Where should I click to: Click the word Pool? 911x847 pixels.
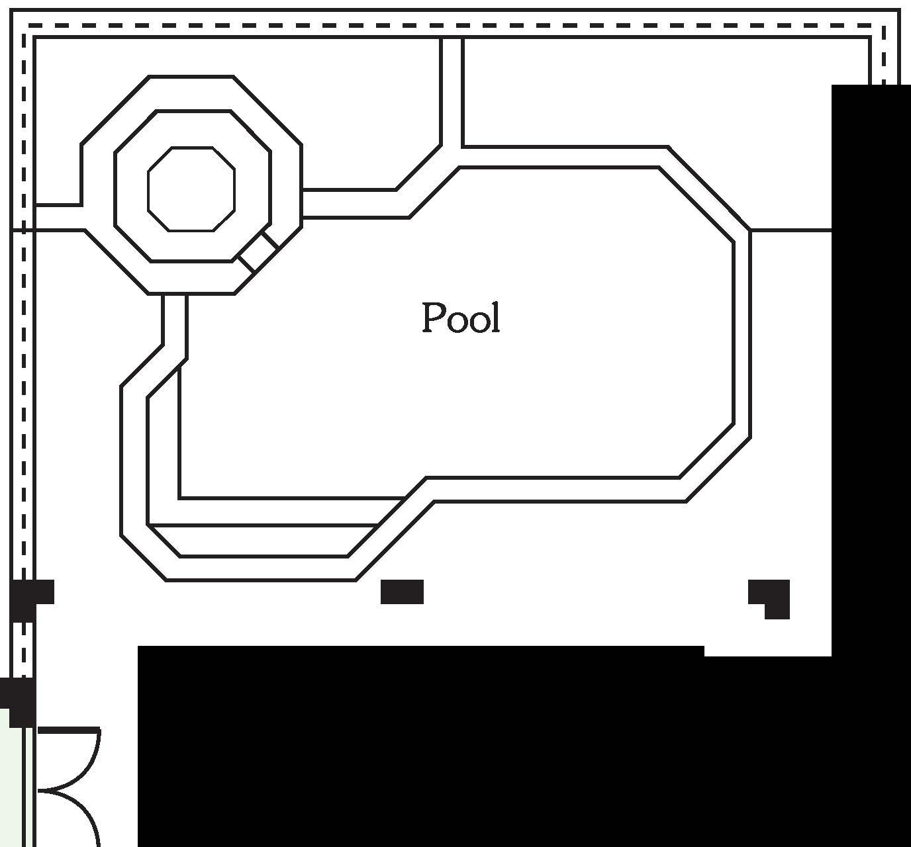coord(461,318)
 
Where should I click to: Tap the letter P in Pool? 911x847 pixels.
coord(432,318)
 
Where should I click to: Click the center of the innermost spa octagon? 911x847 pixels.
coord(191,189)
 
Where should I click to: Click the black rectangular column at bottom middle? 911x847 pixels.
coord(402,592)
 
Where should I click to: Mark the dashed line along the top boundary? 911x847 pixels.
coord(450,26)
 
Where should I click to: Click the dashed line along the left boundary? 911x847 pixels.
coord(24,331)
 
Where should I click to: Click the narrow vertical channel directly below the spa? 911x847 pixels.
coord(175,324)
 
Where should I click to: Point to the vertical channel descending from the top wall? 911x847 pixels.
coord(452,93)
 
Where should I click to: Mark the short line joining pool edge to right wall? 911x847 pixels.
coord(791,230)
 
